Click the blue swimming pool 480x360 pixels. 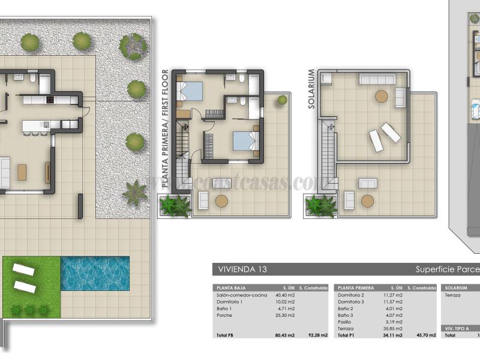[95, 274]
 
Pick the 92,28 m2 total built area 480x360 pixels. [316, 335]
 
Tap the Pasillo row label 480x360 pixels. [346, 322]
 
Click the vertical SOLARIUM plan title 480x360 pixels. [311, 89]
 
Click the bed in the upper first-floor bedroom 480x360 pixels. [193, 91]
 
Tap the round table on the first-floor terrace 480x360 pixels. [221, 202]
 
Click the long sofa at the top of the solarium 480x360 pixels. [376, 79]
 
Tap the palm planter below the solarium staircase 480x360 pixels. [320, 206]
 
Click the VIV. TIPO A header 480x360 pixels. [459, 329]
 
